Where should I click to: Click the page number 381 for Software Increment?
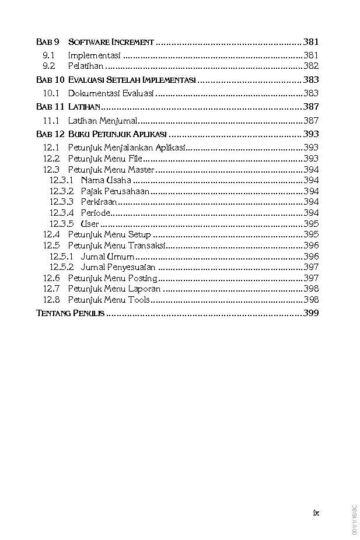coord(311,42)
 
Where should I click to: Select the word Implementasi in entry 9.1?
coord(94,55)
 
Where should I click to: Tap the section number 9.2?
coord(49,66)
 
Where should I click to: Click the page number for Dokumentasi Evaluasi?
coord(311,93)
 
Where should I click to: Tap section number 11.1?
coord(51,121)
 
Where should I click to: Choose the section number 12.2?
coord(51,159)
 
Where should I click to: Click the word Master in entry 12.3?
coord(141,170)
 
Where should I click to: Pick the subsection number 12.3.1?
coord(61,180)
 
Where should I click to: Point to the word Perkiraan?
coord(99,202)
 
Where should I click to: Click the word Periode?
coord(96,213)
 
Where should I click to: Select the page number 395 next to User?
coord(311,224)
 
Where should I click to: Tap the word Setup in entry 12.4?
coord(139,234)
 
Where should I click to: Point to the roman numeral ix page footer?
coord(316,513)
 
